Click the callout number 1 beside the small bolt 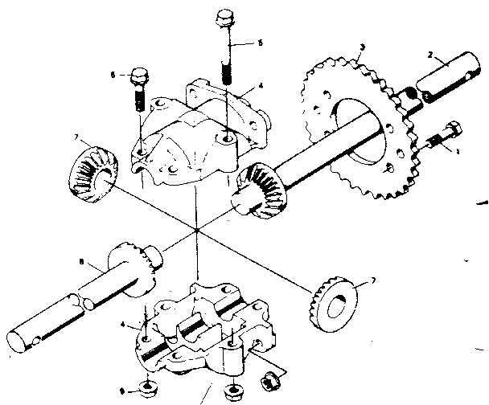tap(459, 150)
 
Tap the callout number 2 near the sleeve tap(431, 56)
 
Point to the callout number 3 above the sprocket tap(363, 49)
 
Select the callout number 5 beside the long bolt tap(259, 43)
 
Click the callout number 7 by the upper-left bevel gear tap(78, 139)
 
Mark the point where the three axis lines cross tap(196, 232)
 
